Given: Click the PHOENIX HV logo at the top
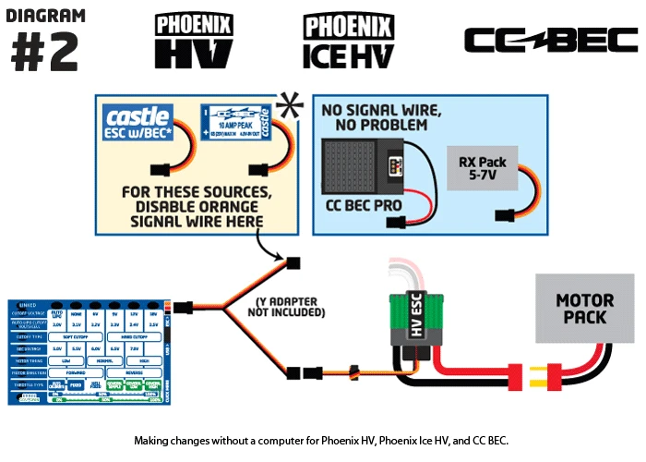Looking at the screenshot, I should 193,41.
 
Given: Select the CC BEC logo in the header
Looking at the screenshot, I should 550,40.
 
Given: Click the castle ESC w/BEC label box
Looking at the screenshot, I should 138,122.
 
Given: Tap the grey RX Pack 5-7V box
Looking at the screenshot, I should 482,169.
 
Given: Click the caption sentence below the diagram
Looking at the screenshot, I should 321,441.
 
